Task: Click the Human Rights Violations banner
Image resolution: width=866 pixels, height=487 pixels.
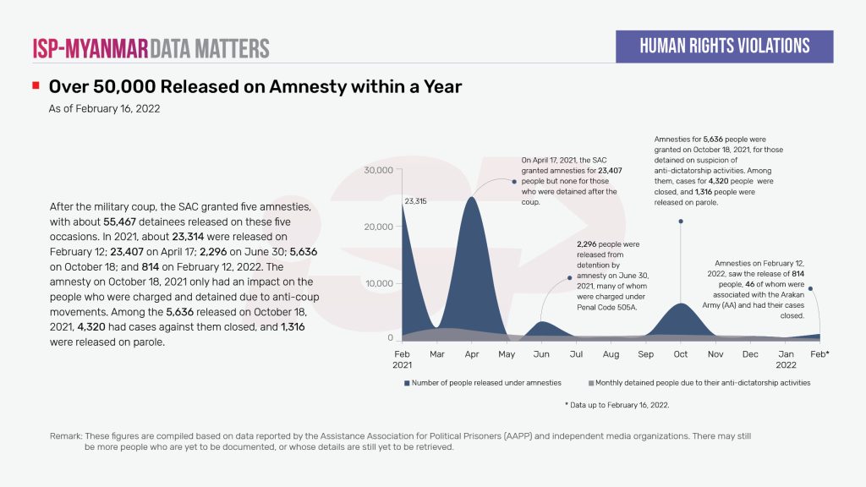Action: tap(724, 47)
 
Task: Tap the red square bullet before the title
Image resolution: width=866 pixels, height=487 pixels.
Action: tap(36, 86)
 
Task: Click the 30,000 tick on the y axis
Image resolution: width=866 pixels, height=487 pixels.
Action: tap(377, 170)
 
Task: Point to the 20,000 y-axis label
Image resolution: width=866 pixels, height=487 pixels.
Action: tap(377, 227)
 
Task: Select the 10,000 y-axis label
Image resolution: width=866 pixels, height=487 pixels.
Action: tap(377, 283)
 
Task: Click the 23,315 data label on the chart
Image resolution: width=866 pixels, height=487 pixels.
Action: tap(416, 202)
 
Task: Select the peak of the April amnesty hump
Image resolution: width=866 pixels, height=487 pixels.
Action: tap(472, 197)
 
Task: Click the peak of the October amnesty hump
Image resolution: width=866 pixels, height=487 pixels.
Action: tap(682, 304)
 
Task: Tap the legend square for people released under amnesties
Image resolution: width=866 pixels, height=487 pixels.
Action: tap(407, 383)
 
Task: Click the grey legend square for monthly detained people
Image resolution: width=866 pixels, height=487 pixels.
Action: tap(590, 383)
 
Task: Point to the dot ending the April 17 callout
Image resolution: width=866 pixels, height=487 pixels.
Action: tap(514, 181)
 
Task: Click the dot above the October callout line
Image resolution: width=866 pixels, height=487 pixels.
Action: tap(681, 222)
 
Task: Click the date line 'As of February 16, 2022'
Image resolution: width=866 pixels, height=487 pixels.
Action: tap(105, 109)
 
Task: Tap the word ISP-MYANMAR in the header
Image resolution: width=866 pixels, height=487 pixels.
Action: tap(90, 48)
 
